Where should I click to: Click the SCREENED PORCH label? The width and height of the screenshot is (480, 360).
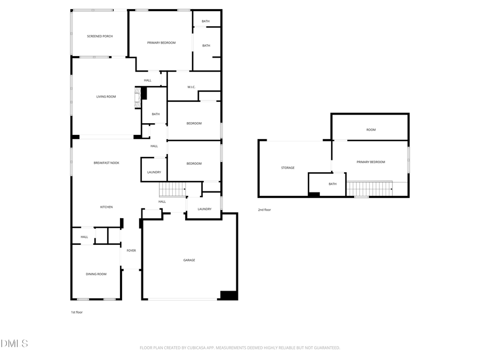[100, 36]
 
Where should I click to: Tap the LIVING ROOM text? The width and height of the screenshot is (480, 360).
[106, 97]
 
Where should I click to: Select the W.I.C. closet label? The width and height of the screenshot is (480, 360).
[191, 87]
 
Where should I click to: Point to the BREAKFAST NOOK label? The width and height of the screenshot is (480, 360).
[106, 163]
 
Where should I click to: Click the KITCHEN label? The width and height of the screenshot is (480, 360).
[106, 207]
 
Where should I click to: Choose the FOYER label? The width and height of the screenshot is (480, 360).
[131, 250]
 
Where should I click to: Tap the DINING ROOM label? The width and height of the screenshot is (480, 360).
[96, 274]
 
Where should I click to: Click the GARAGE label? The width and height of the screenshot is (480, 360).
[189, 260]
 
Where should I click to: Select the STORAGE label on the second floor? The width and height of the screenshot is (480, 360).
[288, 168]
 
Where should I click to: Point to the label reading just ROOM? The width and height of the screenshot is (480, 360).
[371, 130]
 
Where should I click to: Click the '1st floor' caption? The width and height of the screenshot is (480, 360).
[77, 313]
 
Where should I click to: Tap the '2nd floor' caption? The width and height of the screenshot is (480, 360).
[265, 210]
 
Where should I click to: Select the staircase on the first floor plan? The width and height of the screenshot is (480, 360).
[172, 189]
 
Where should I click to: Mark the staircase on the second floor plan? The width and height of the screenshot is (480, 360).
[369, 189]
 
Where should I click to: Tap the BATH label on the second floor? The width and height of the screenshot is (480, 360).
[332, 184]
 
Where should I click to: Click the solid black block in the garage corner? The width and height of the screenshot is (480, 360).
[229, 295]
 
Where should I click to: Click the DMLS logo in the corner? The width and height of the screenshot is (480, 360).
[14, 343]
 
